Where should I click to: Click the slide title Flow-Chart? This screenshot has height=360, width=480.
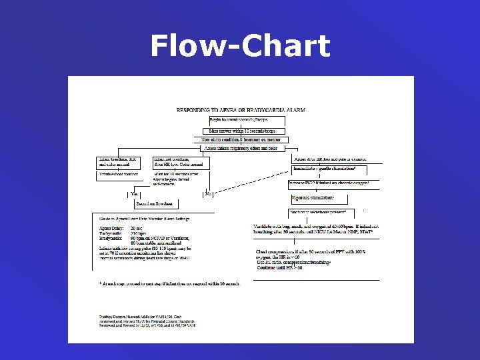coord(240,47)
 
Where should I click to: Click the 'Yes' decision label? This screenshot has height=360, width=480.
coord(137,193)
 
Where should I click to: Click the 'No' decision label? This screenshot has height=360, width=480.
coord(208,193)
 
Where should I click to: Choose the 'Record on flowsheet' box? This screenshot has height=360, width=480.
coord(154,203)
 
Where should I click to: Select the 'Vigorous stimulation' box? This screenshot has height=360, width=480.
coord(313,198)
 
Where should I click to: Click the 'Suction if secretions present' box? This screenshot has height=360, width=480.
coord(317,212)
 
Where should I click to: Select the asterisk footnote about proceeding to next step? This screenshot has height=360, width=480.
coord(169,283)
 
